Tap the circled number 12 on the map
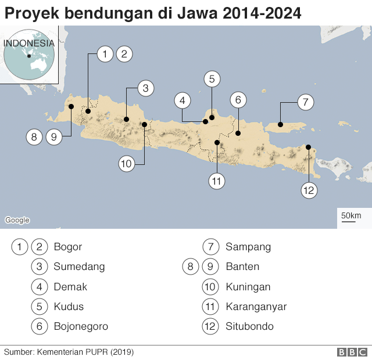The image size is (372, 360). [x=309, y=190]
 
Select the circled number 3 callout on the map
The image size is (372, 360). [x=146, y=88]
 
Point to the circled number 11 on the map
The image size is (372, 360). [x=217, y=181]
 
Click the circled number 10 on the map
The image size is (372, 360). [x=127, y=164]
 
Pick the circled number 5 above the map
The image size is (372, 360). [x=212, y=79]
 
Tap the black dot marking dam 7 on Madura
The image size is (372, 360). [x=280, y=124]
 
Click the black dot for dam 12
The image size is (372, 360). [x=308, y=147]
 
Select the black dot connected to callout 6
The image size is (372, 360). [x=238, y=133]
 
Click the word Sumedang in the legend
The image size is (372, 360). [x=79, y=267]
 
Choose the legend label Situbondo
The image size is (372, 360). [x=249, y=326]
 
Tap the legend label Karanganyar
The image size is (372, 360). [x=256, y=306]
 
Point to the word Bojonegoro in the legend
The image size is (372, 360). [x=81, y=326]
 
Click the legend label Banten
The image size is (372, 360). [x=242, y=267]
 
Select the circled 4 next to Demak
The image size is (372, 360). [x=40, y=286]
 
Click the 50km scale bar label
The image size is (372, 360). [x=351, y=216]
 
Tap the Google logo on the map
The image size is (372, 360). [x=17, y=220]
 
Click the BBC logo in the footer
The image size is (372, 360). [x=352, y=352]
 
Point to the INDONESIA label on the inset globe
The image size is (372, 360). [x=29, y=43]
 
